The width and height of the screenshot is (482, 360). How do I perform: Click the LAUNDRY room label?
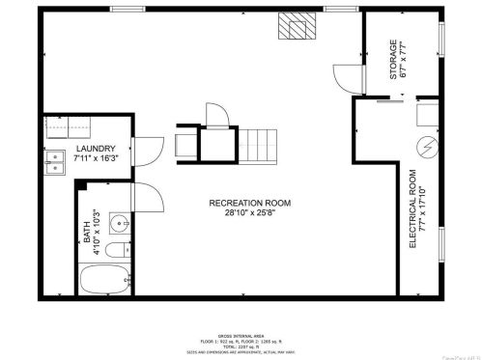point(97,149)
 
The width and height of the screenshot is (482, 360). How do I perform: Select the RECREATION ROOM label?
point(249,202)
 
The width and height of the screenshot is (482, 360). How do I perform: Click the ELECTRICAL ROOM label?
point(412,210)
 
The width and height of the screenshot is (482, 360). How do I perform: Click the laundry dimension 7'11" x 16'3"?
point(97,158)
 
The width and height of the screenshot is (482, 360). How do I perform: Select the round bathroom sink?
point(119,224)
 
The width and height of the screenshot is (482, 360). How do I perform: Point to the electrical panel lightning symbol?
point(424,148)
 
